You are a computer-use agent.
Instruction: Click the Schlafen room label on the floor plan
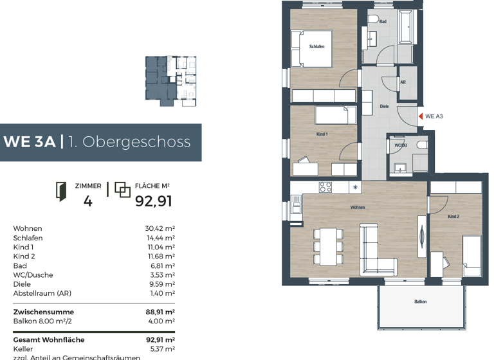(316, 46)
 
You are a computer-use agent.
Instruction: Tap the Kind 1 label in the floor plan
(322, 134)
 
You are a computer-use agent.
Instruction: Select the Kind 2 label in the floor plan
(453, 217)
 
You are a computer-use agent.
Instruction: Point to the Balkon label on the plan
(421, 301)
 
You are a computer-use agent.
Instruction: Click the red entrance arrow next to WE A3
(421, 116)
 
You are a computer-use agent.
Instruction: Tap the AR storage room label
(403, 82)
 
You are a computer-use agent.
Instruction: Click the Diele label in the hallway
(384, 106)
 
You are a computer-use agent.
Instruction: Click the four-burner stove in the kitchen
(325, 188)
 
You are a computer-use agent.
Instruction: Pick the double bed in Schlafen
(311, 48)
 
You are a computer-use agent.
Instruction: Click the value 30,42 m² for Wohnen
(160, 228)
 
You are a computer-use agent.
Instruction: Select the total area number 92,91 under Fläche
(153, 201)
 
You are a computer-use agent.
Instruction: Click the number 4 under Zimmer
(88, 201)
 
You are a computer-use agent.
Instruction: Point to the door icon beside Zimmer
(61, 191)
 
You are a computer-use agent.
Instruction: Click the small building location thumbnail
(170, 78)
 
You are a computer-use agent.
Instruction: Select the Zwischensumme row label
(43, 312)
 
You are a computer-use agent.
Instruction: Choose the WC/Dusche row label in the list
(33, 274)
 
